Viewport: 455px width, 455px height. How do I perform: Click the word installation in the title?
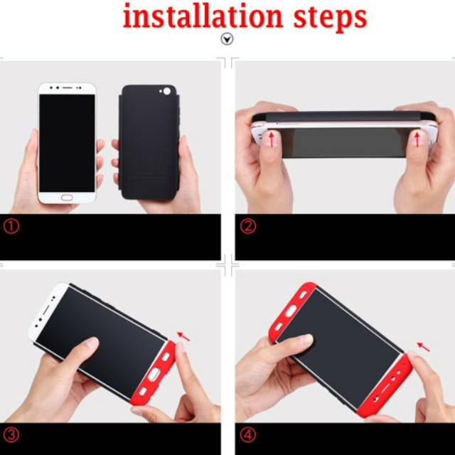(203, 16)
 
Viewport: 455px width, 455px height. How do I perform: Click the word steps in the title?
(331, 18)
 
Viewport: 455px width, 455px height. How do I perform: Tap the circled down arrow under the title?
(227, 39)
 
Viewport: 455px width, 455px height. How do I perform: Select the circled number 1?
(11, 226)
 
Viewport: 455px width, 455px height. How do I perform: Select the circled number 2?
(248, 226)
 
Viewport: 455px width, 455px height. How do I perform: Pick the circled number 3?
(11, 435)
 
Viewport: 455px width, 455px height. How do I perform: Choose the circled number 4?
(248, 435)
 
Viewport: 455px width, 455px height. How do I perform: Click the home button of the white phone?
(67, 198)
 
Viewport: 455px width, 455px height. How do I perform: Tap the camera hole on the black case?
(166, 92)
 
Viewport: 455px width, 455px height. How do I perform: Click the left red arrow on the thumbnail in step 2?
(272, 139)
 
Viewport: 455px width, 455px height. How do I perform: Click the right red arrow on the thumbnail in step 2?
(417, 139)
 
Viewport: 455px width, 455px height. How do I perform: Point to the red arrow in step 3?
(183, 336)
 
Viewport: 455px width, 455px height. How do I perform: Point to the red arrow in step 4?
(424, 347)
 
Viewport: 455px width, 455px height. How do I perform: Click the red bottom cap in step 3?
(153, 373)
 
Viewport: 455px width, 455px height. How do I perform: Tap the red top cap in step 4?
(291, 312)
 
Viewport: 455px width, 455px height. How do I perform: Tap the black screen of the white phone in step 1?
(67, 143)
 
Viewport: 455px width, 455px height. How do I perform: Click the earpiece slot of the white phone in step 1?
(67, 87)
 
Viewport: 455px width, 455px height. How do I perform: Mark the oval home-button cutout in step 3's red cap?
(154, 374)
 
